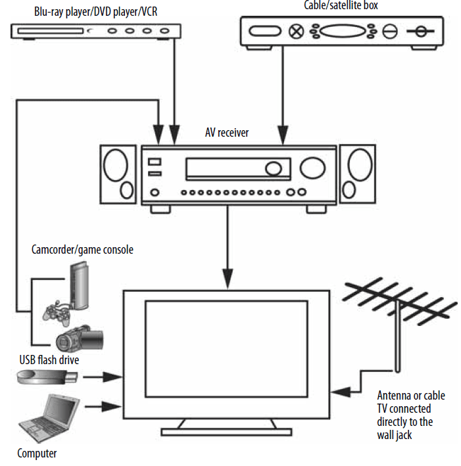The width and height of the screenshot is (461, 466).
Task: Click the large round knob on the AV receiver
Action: [x=272, y=168]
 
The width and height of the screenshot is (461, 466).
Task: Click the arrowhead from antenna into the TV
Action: [x=337, y=392]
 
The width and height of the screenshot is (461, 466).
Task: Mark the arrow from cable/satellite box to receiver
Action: [x=283, y=99]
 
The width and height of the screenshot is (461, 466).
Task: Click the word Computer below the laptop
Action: [x=37, y=453]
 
